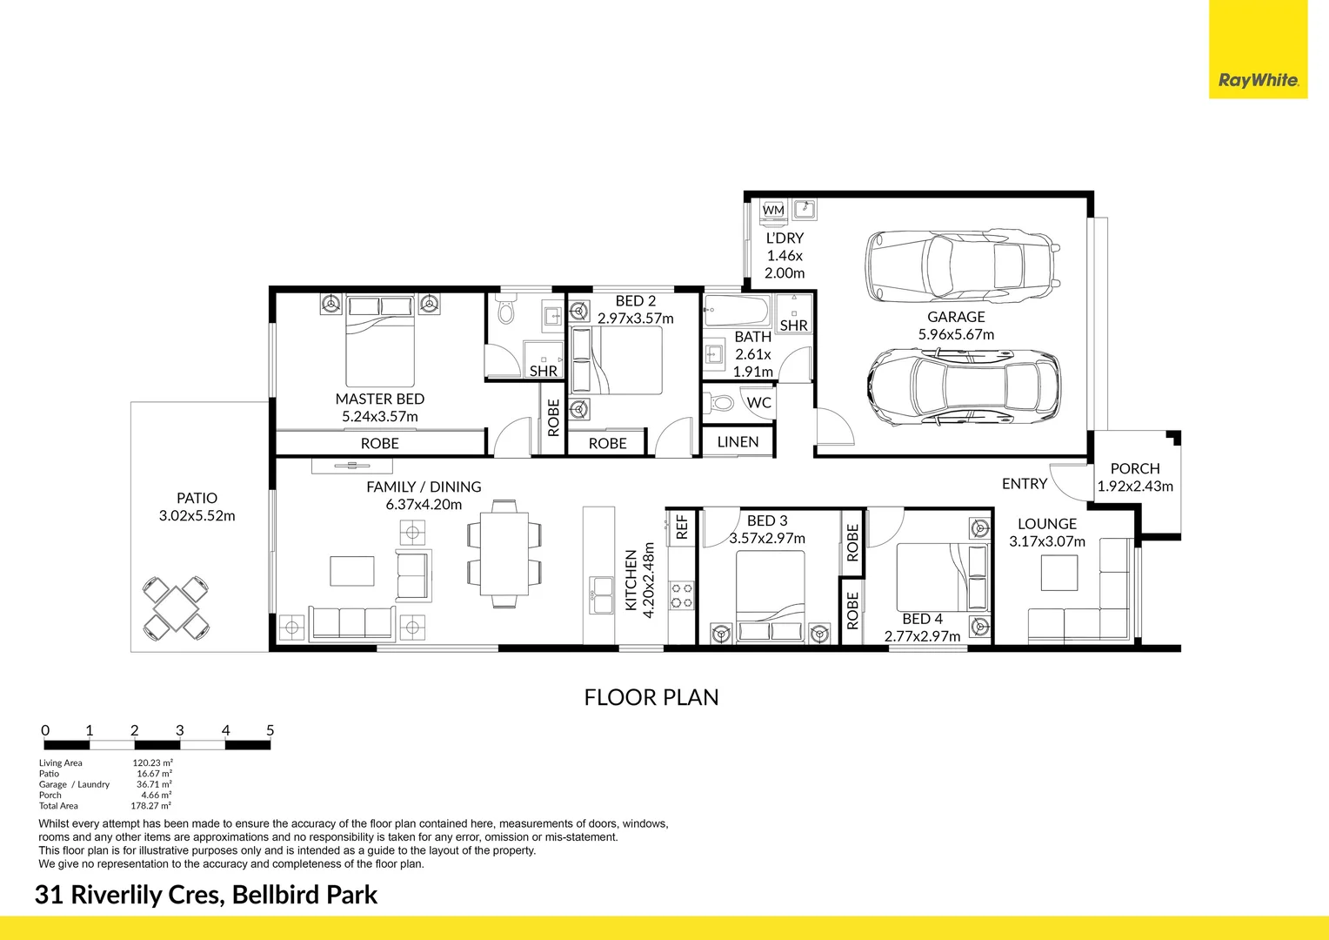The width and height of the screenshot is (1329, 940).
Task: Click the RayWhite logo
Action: [1258, 80]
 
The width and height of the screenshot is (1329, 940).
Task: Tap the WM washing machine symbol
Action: [773, 210]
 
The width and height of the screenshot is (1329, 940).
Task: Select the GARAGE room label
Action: [956, 317]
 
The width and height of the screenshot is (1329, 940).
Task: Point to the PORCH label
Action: [1135, 468]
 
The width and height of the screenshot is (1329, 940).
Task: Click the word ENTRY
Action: [1024, 484]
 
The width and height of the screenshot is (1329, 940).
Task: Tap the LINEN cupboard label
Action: [738, 442]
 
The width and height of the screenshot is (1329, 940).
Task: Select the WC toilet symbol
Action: [718, 403]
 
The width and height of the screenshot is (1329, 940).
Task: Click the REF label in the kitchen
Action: [682, 527]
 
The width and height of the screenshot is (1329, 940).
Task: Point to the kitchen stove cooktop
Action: [682, 595]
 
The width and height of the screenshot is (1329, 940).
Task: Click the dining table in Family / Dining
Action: [504, 554]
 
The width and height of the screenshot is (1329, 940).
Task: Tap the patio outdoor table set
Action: [177, 607]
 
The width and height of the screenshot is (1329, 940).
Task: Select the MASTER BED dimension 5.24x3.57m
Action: [380, 417]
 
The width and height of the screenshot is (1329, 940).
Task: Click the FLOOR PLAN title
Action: [651, 697]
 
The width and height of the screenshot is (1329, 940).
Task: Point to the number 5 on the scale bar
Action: [270, 730]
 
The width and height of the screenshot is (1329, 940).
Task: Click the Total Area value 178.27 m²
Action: [151, 806]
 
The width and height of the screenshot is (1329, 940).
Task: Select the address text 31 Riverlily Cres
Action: [127, 895]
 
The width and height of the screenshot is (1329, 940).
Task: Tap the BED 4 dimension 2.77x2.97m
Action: [922, 636]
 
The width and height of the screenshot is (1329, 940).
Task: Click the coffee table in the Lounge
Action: [1059, 572]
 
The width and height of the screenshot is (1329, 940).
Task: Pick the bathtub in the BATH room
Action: [737, 309]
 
